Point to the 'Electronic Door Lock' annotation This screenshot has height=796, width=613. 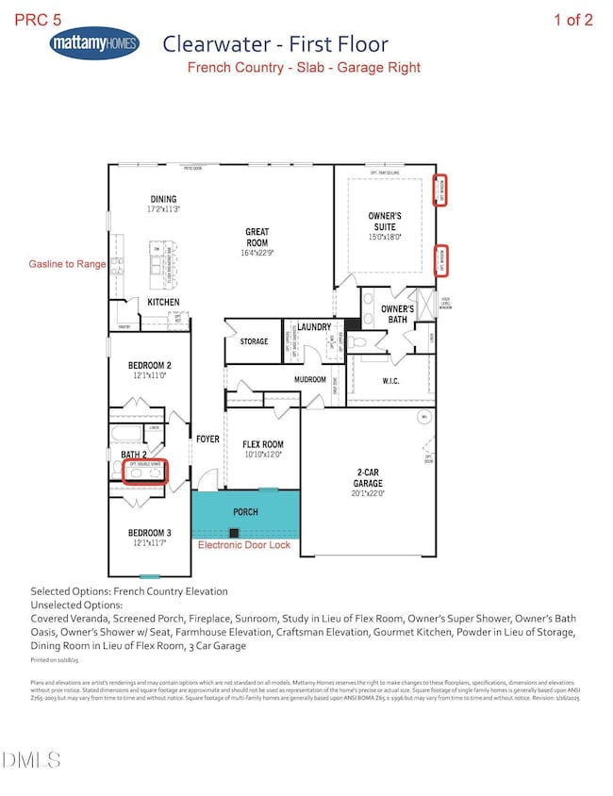[247, 544]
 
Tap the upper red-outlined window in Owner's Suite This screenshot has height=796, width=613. [440, 190]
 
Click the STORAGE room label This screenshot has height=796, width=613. [255, 341]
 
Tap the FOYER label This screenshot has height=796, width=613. [207, 439]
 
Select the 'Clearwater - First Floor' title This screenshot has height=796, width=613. [275, 44]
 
